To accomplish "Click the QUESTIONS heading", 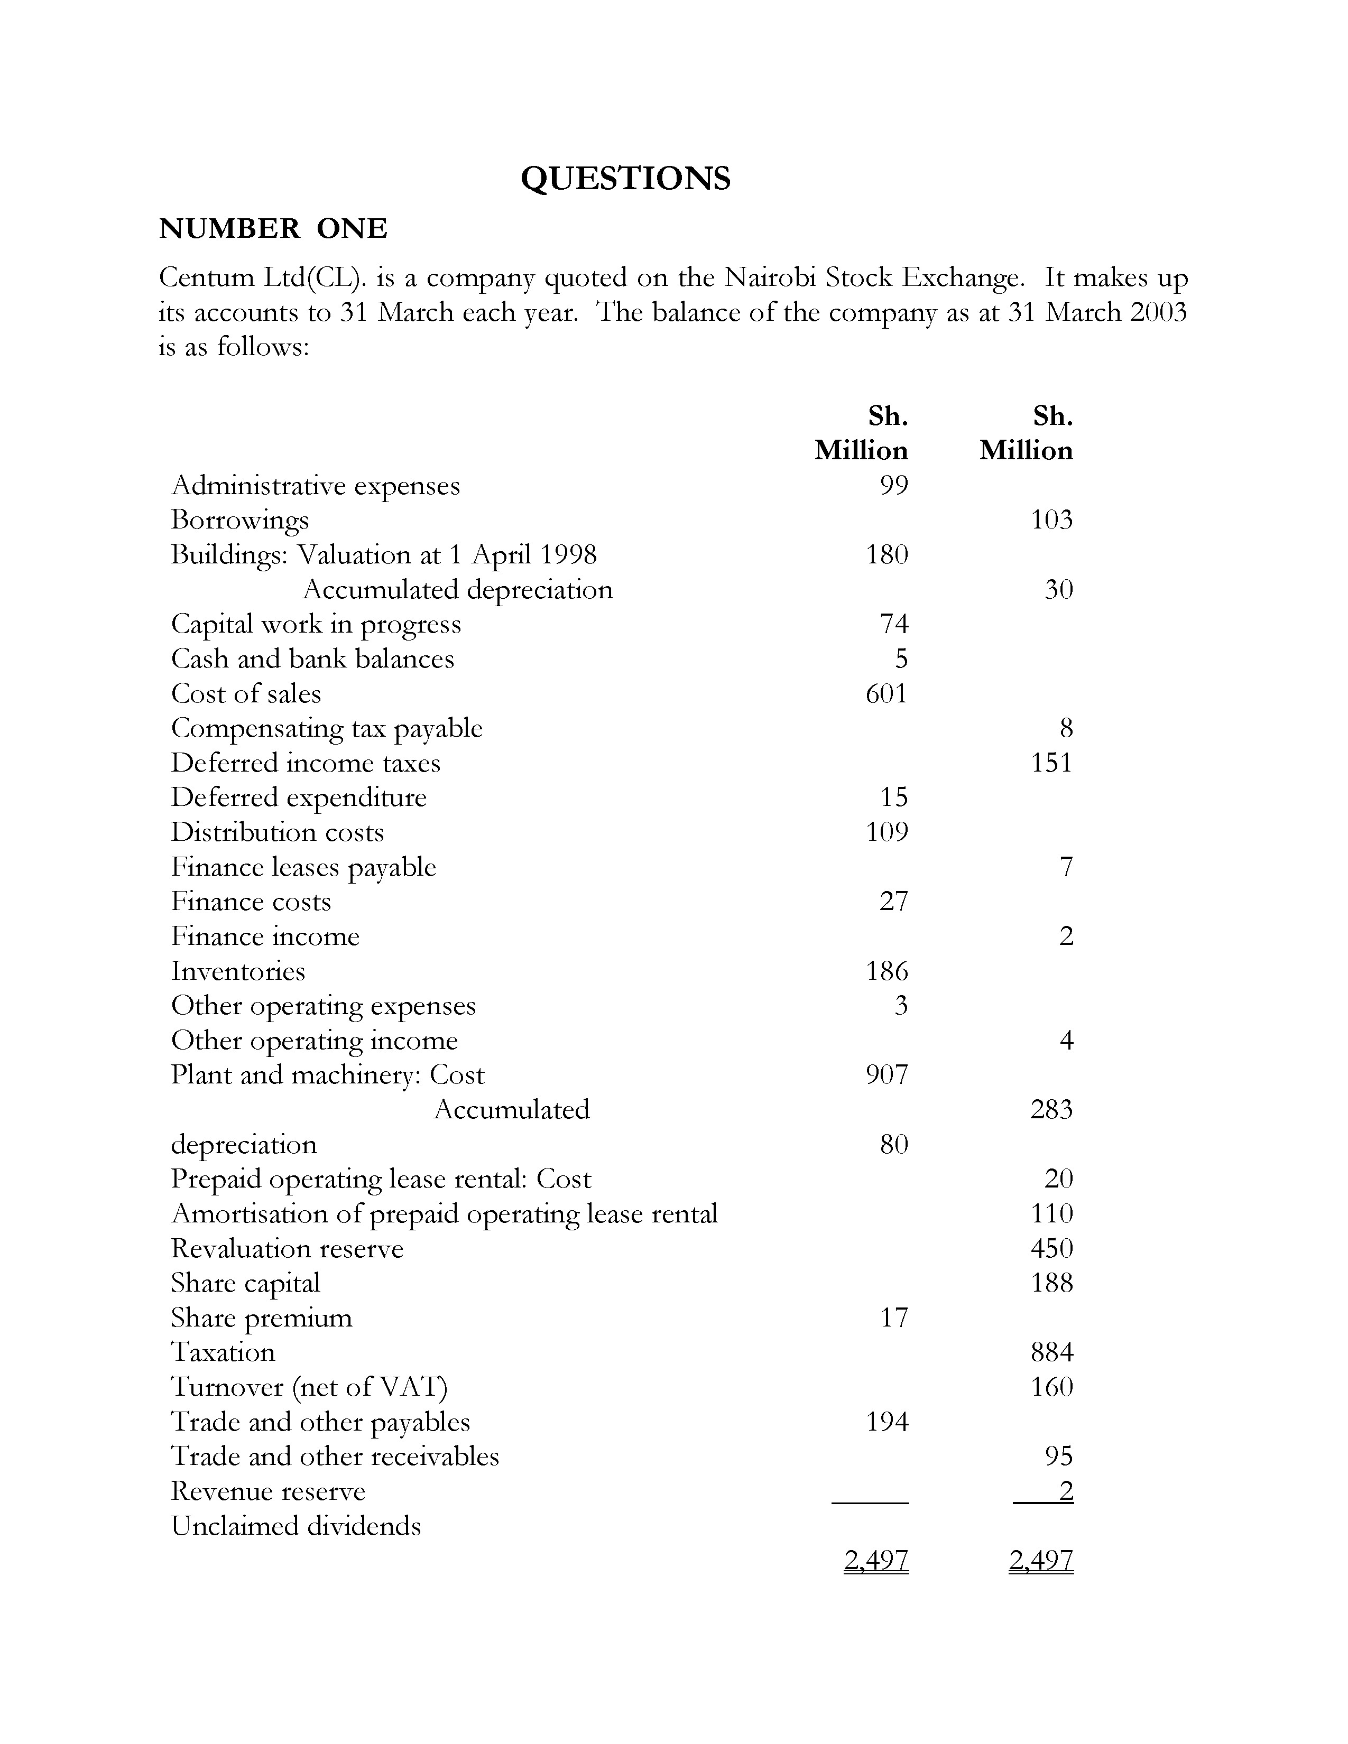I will point(625,178).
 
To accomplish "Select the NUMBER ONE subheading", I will point(273,229).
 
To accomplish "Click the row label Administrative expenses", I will point(316,486).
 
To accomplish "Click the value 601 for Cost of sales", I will point(887,693).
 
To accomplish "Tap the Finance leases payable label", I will point(303,867).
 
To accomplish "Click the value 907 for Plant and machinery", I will point(887,1075).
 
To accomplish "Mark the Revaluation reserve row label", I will point(288,1249).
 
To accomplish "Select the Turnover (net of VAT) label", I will point(310,1387).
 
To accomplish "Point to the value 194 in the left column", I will point(887,1422).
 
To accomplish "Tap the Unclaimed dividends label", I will point(296,1526).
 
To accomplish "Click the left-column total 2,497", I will point(876,1560).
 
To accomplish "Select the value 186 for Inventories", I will point(887,971).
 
